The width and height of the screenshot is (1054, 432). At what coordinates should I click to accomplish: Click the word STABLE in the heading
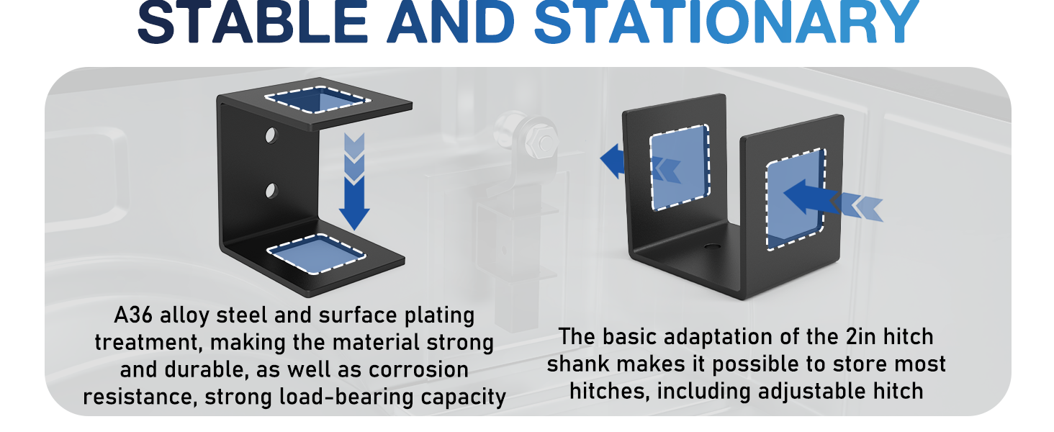pos(252,22)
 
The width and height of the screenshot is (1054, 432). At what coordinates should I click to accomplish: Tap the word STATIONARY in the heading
pos(726,22)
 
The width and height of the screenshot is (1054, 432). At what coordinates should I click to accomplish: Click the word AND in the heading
pos(451,22)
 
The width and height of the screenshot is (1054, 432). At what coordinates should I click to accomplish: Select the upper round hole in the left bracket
pos(271,136)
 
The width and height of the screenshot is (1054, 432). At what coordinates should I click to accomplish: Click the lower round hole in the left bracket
pos(271,191)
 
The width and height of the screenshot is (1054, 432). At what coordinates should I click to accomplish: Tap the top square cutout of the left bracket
pos(317,99)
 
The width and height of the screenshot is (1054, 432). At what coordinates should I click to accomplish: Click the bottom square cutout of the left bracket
pos(316,253)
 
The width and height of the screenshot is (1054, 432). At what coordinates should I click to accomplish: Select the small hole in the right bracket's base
pos(713,246)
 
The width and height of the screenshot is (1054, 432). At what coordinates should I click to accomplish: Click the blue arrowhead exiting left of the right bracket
pos(612,161)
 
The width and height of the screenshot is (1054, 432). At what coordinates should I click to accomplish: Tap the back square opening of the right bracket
pos(680,167)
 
